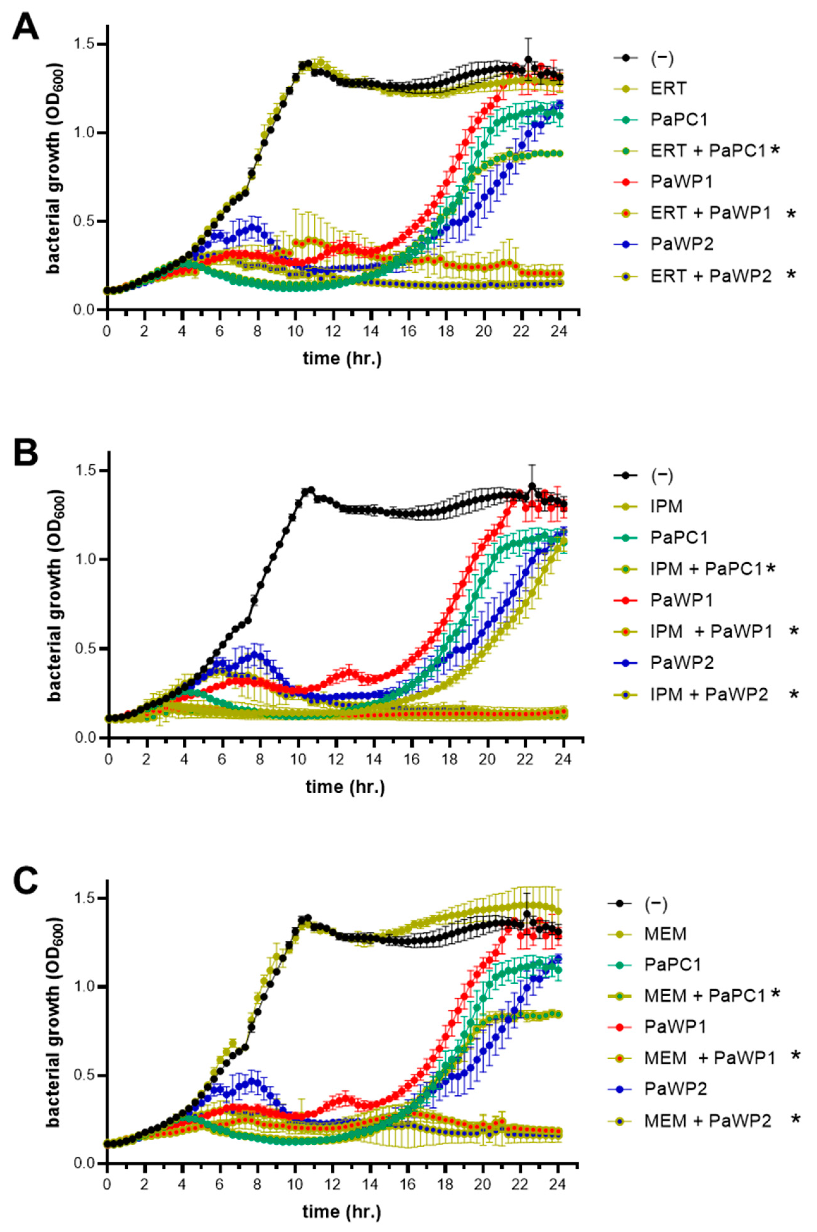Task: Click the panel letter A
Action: click(x=25, y=27)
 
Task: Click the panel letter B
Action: click(x=25, y=452)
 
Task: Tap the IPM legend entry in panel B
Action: click(x=666, y=506)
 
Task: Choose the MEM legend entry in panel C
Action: click(x=665, y=933)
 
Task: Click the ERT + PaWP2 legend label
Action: click(x=711, y=276)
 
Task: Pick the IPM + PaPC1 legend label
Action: click(x=707, y=569)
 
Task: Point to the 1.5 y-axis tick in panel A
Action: click(x=88, y=44)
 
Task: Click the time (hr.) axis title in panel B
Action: click(x=345, y=786)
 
